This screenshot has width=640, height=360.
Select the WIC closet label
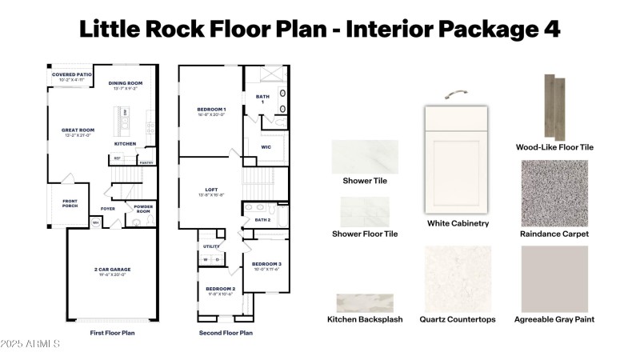click(x=266, y=147)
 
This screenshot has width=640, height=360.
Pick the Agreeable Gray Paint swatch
click(x=554, y=278)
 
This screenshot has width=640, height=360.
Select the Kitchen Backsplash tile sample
click(x=365, y=302)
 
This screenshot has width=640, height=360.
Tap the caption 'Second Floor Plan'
click(x=226, y=333)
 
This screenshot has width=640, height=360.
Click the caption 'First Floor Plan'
click(x=112, y=333)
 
